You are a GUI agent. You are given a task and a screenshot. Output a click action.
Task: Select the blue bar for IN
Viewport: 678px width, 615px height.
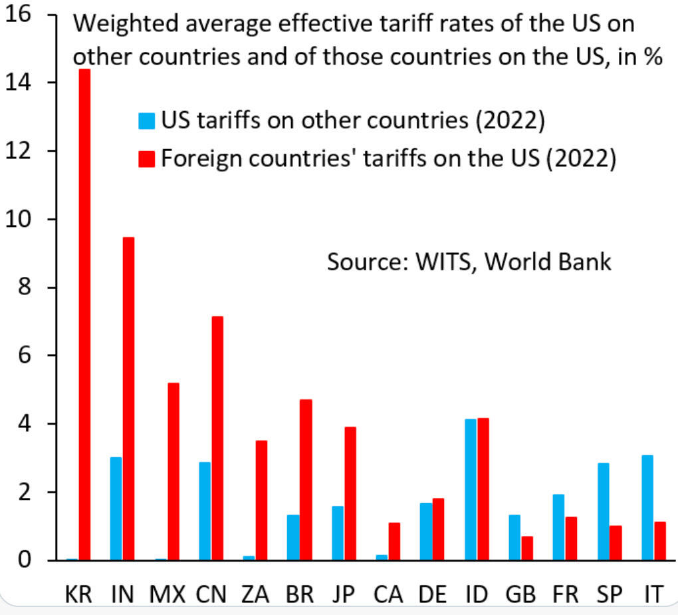click(116, 509)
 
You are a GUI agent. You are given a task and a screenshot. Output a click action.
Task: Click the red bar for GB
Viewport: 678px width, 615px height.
click(526, 548)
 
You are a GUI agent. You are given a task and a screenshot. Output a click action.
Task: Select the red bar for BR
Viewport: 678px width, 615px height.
click(305, 479)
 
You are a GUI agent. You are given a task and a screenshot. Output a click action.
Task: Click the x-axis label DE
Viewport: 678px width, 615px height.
click(432, 594)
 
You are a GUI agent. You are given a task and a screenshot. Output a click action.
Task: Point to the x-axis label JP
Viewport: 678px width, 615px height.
click(344, 594)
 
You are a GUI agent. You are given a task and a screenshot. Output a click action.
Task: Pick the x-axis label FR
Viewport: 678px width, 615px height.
click(564, 594)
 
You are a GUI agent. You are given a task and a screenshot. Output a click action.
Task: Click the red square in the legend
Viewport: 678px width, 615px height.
click(146, 158)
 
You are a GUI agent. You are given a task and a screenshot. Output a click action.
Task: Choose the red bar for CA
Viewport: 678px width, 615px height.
click(394, 541)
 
